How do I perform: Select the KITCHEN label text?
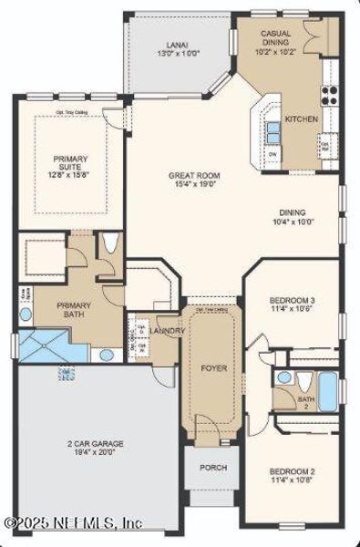tap(301, 119)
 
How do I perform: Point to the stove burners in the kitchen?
tap(329, 90)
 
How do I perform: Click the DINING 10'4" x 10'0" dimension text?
tap(293, 222)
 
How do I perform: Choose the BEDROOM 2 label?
tap(292, 471)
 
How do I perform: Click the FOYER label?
tap(214, 367)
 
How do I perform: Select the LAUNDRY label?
tap(168, 331)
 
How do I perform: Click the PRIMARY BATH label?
tap(74, 311)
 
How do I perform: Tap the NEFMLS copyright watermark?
tap(73, 523)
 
